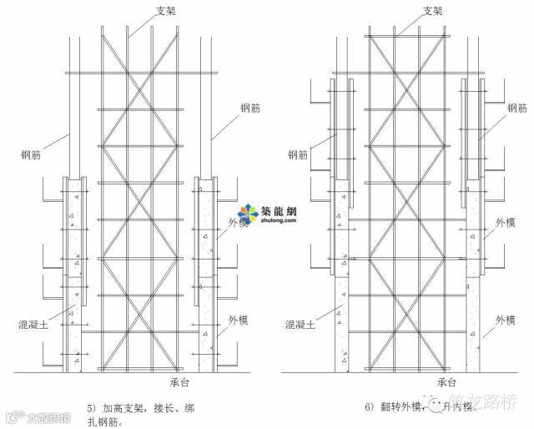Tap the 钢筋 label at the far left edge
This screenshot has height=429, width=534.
pyautogui.click(x=33, y=154)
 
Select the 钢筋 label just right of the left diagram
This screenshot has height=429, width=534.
pyautogui.click(x=253, y=109)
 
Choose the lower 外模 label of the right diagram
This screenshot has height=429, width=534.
pyautogui.click(x=506, y=319)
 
